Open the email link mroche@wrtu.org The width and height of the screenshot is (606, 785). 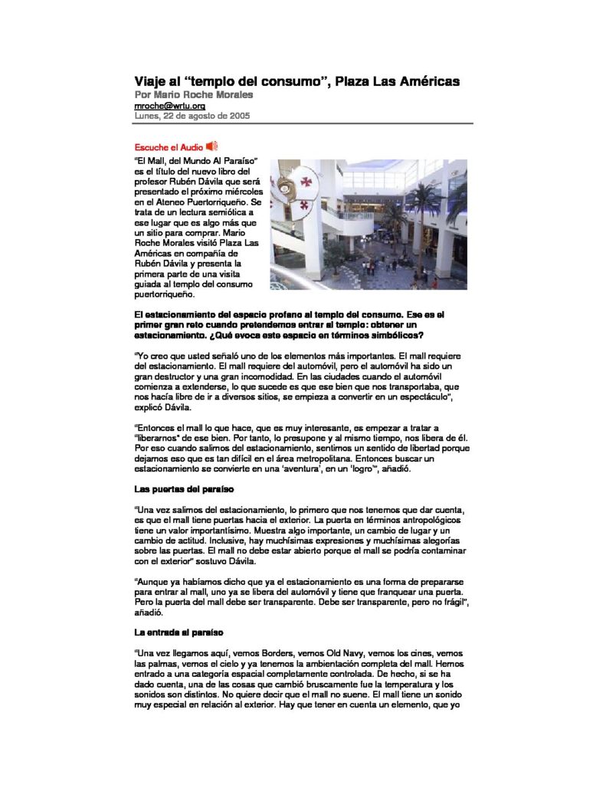170,106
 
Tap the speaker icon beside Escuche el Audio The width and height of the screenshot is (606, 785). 213,146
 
